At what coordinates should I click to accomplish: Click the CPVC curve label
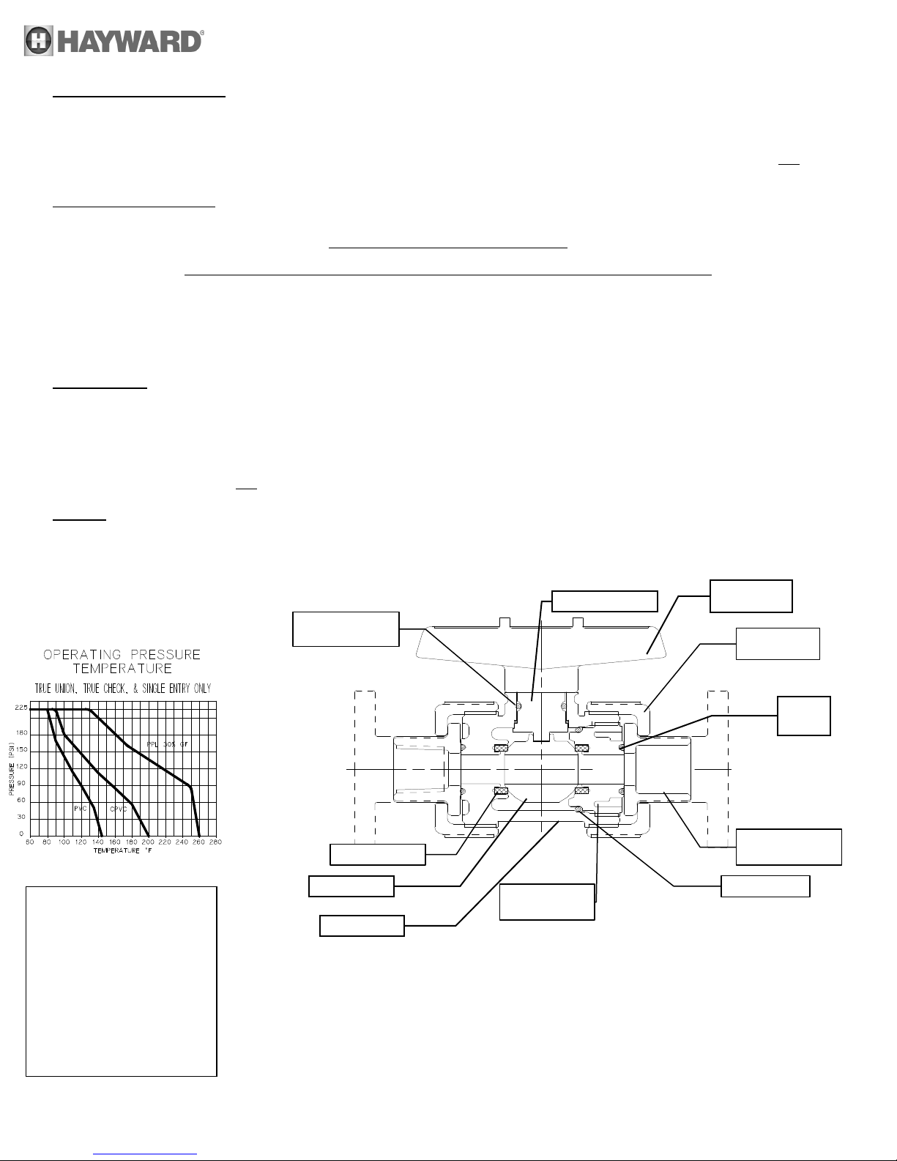pyautogui.click(x=119, y=809)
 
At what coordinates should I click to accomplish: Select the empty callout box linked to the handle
pyautogui.click(x=751, y=596)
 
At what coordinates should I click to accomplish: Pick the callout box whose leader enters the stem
pyautogui.click(x=604, y=601)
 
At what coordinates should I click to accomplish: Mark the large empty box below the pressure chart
pyautogui.click(x=122, y=982)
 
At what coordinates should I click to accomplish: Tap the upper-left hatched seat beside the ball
pyautogui.click(x=502, y=748)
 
